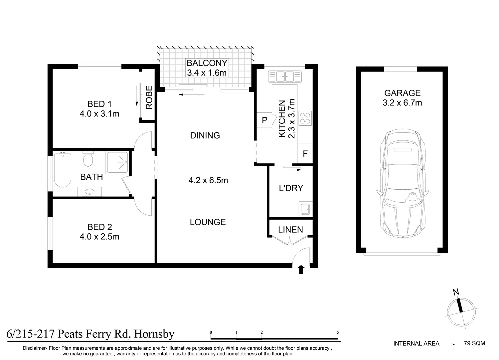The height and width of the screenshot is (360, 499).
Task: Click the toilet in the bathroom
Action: (x=88, y=159)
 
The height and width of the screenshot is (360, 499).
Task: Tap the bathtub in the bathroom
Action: (x=63, y=170)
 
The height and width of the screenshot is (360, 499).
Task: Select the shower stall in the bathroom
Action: (x=117, y=163)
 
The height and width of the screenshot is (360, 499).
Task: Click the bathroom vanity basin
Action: (x=89, y=191)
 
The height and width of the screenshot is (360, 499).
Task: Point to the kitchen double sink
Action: (x=285, y=76)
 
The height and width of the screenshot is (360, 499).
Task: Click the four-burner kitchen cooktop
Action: (x=305, y=118)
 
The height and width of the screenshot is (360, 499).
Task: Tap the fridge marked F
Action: (x=305, y=153)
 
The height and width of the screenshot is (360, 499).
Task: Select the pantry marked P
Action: (x=264, y=120)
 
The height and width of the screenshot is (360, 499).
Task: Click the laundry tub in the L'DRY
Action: (x=305, y=209)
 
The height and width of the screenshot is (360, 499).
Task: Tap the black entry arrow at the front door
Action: (x=301, y=269)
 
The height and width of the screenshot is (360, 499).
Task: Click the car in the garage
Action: (x=403, y=183)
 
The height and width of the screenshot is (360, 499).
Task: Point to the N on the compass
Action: (x=456, y=292)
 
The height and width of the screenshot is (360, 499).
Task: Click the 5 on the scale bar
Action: (x=338, y=332)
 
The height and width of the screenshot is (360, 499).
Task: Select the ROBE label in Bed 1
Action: (x=149, y=97)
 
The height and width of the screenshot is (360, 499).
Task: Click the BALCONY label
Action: (x=207, y=63)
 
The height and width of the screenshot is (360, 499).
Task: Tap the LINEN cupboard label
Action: (x=290, y=230)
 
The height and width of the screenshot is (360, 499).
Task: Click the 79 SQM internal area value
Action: (x=474, y=343)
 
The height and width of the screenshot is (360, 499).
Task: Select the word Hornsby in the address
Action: (x=154, y=334)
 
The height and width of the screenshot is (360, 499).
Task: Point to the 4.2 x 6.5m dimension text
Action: (x=208, y=180)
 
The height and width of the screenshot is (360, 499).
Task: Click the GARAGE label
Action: (x=402, y=93)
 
